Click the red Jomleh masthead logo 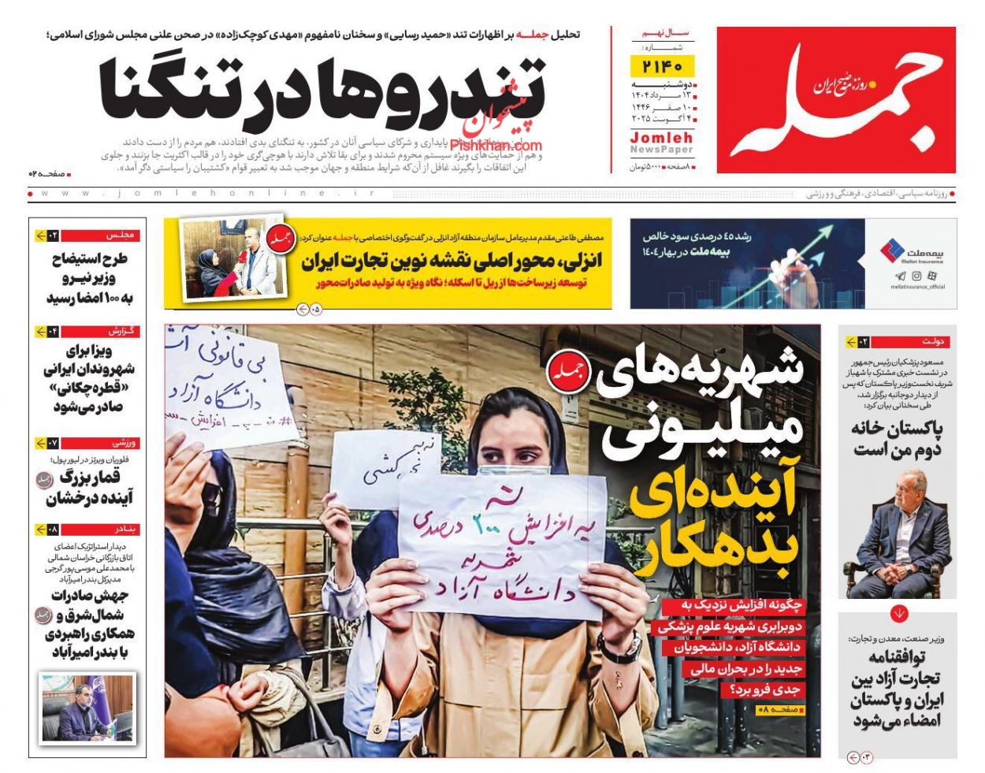[836, 99]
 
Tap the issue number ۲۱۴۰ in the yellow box [662, 65]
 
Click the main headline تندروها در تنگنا [322, 89]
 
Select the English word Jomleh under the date [661, 138]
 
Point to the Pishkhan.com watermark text [496, 145]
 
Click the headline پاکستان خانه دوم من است [897, 439]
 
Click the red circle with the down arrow [899, 613]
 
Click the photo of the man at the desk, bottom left [87, 707]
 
